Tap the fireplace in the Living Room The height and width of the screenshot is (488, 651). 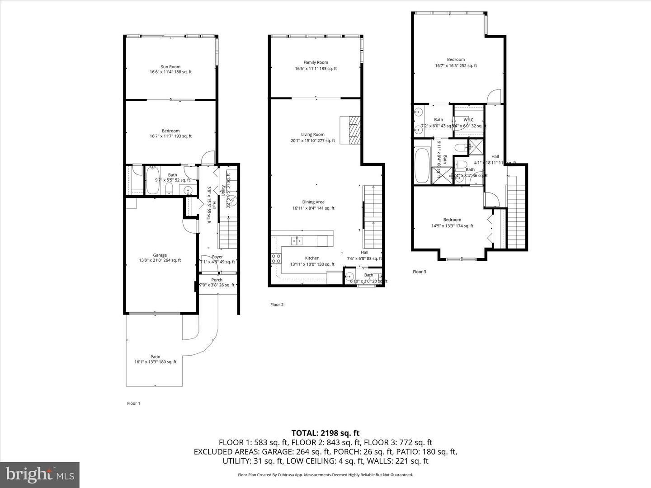[x=351, y=130]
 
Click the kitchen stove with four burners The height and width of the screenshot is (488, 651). [x=276, y=258]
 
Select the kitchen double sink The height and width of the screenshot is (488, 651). [x=297, y=240]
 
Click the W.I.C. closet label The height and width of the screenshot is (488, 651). [x=469, y=120]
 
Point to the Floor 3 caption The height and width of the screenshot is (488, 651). [x=419, y=272]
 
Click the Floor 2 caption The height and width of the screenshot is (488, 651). [x=277, y=305]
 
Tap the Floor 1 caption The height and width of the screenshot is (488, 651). [x=133, y=403]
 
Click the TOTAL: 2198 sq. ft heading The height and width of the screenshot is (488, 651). [x=325, y=433]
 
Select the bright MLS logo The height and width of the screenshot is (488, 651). [x=40, y=474]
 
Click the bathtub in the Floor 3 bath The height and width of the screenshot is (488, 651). [x=423, y=166]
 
